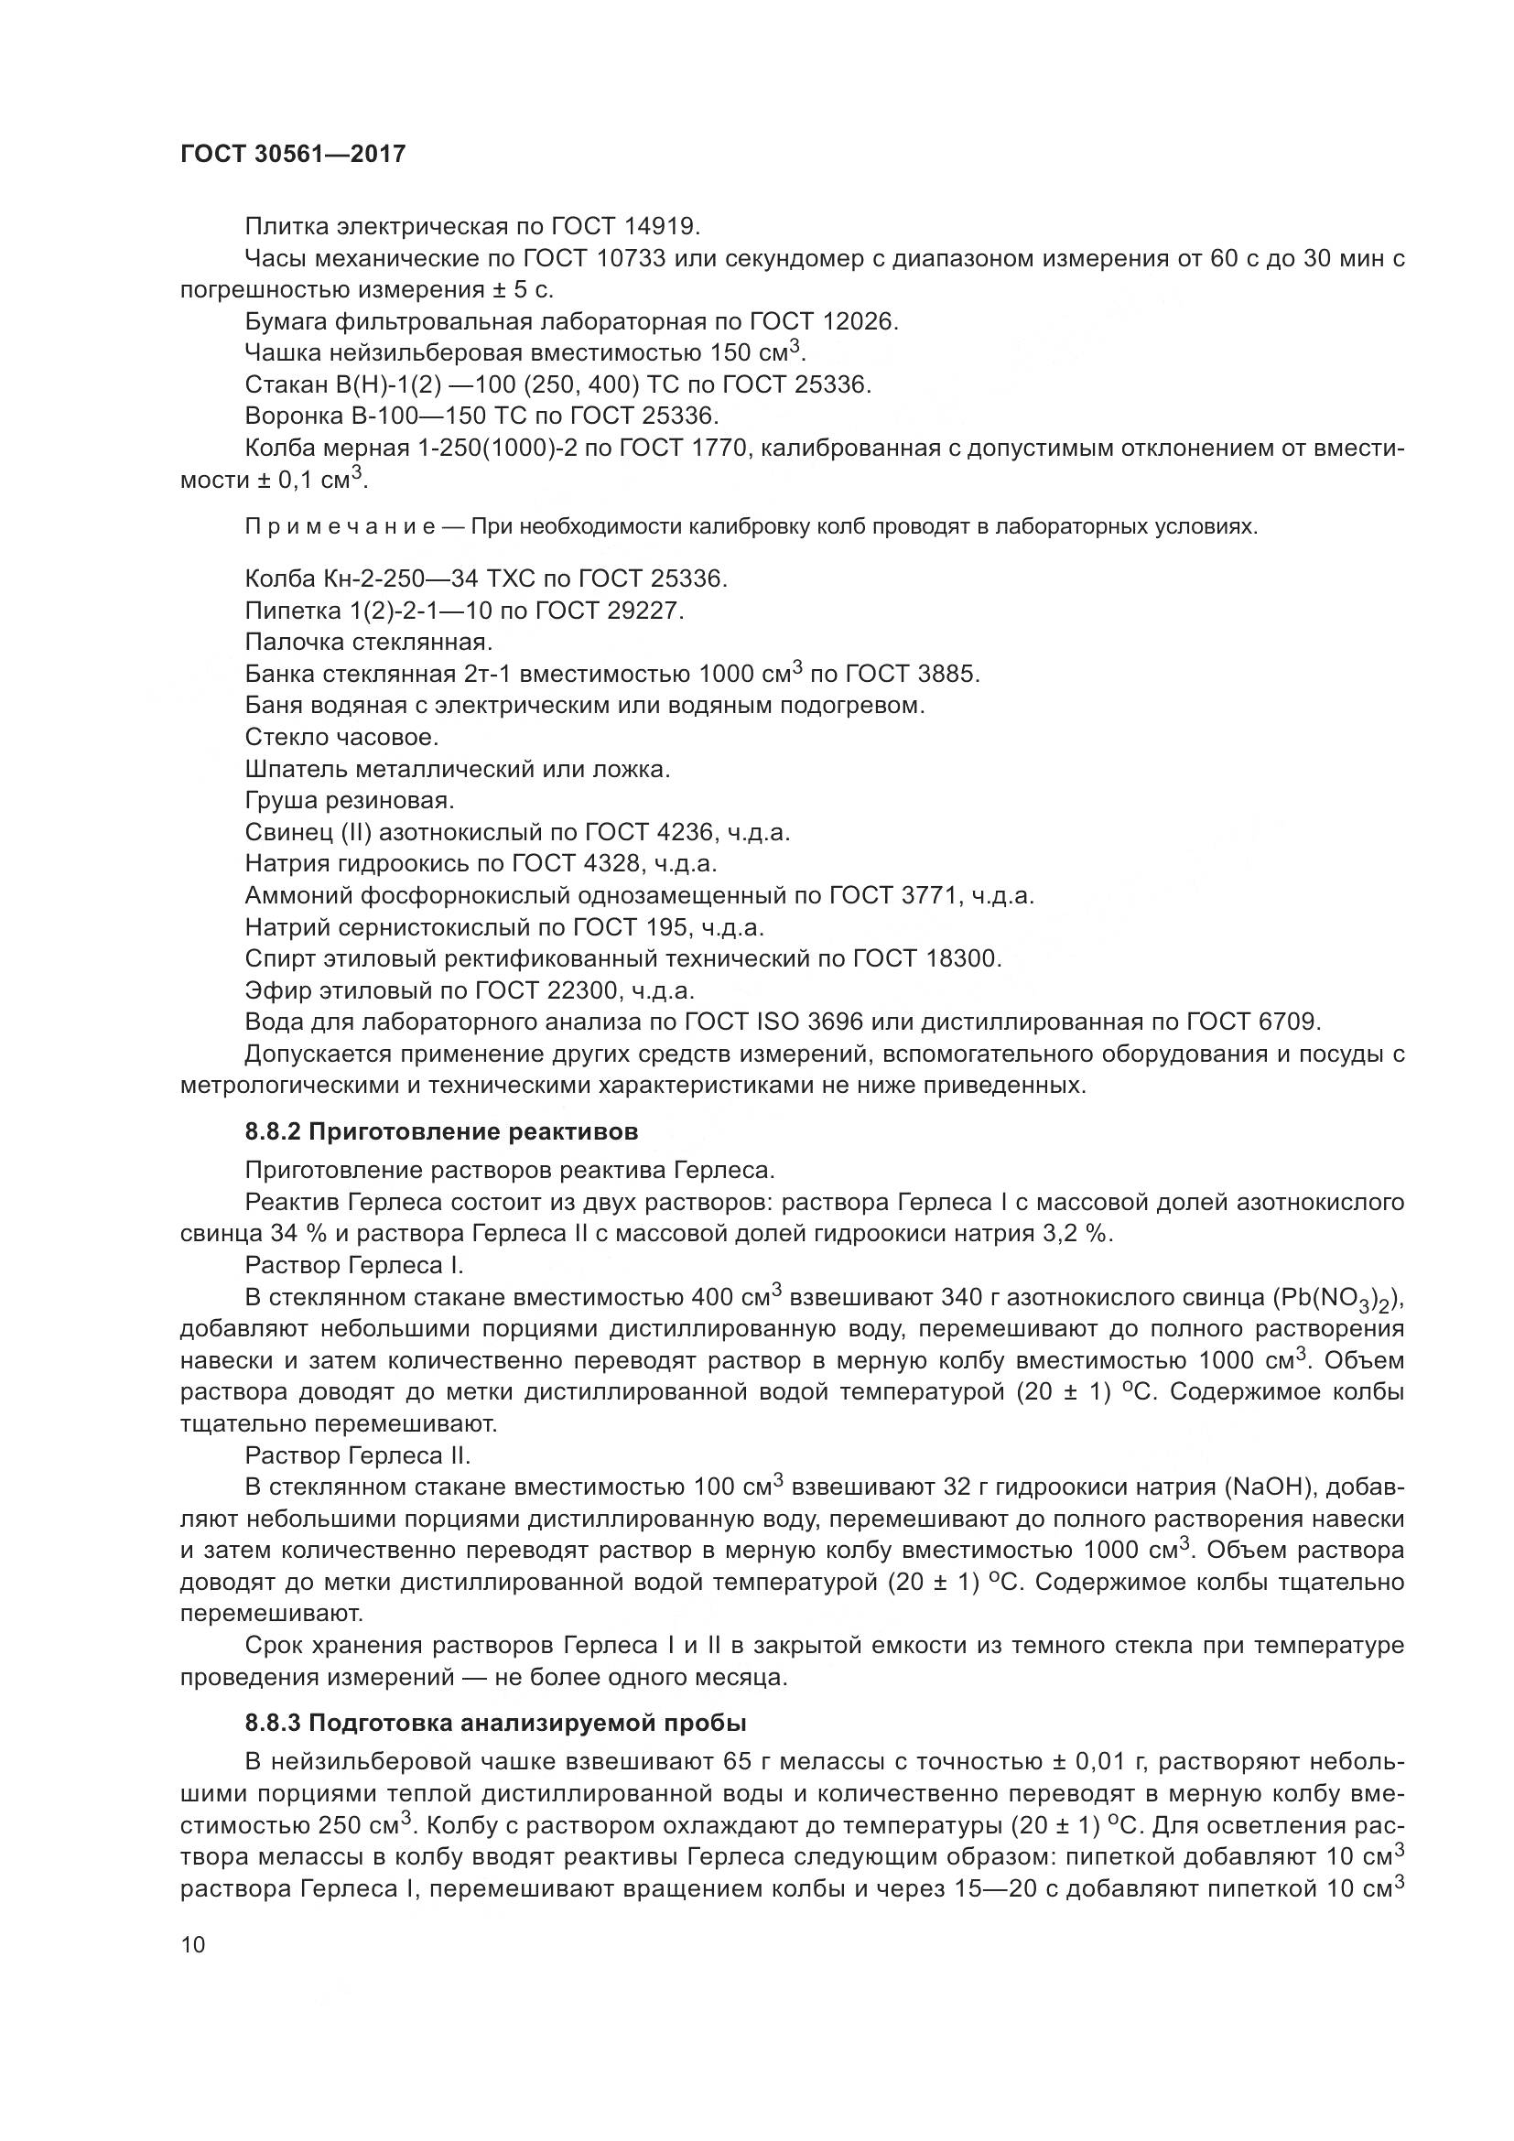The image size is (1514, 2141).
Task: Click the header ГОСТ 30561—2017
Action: [x=293, y=155]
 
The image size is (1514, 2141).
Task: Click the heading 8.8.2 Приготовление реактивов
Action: [x=442, y=1132]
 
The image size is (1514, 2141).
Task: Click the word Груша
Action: [x=280, y=800]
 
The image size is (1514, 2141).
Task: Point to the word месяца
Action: [x=739, y=1677]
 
